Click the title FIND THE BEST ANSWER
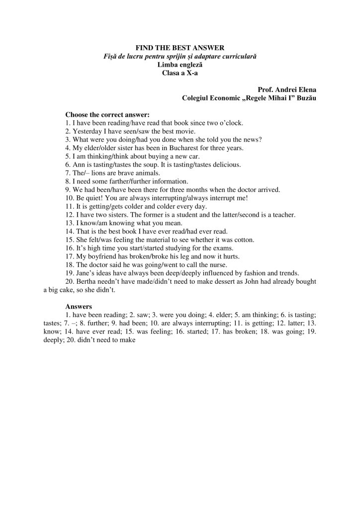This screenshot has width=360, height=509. point(180,48)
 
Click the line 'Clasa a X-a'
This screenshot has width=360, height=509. point(180,73)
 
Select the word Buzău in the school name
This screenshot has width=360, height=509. point(305,98)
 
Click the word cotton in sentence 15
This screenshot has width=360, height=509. point(244,239)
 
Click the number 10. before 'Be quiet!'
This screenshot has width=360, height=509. point(70,198)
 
